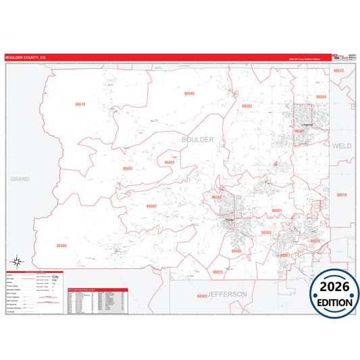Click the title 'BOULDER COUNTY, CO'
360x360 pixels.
point(26,58)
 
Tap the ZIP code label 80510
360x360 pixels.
point(80,105)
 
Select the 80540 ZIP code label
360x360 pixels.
point(189,93)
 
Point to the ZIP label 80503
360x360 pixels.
point(247,106)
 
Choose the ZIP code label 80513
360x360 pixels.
point(338,70)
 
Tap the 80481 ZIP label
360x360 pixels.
point(128,168)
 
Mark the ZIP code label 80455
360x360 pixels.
point(170,162)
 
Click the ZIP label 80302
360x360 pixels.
point(151,206)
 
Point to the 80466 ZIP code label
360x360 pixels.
point(61,246)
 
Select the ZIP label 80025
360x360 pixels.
point(217,272)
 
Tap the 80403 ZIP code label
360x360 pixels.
point(201,296)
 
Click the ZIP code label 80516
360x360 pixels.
point(341,195)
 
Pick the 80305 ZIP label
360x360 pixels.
point(236,251)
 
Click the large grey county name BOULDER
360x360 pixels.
point(197,139)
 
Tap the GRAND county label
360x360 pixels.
point(20,179)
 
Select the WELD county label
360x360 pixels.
point(341,145)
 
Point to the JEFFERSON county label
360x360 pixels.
point(228,294)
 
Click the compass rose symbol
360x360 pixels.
point(18,262)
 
